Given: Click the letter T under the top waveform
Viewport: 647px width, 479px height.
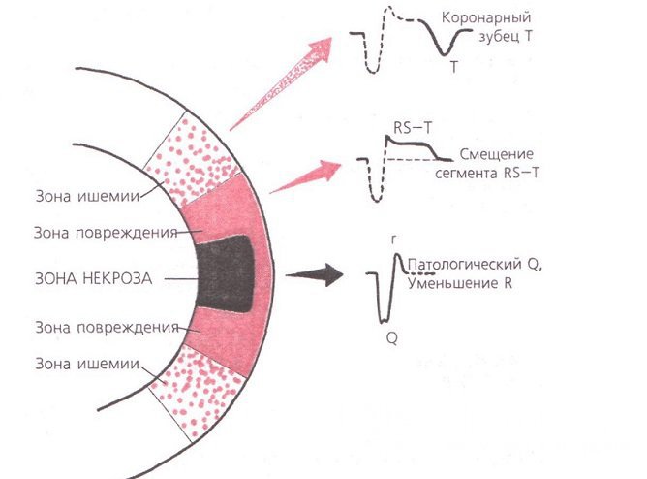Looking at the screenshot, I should [453, 68].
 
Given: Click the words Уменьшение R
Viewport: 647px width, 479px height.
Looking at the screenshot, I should [459, 283].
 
